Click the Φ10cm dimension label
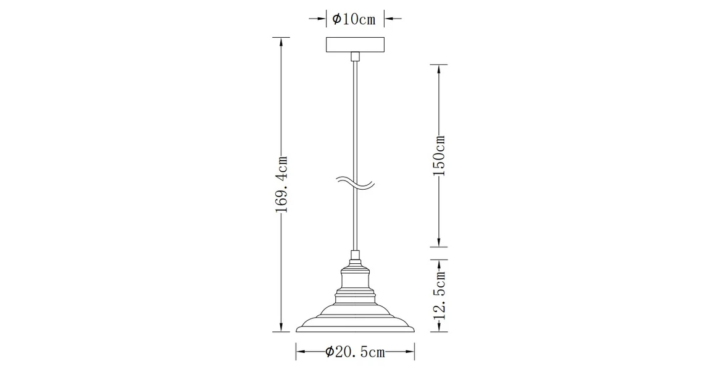pyautogui.click(x=354, y=19)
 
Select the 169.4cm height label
pyautogui.click(x=281, y=184)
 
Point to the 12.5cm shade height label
pyautogui.click(x=439, y=295)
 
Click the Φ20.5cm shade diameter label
pyautogui.click(x=355, y=352)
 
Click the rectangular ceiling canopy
pyautogui.click(x=355, y=45)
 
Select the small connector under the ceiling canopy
pyautogui.click(x=355, y=56)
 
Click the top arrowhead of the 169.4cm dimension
pyautogui.click(x=281, y=41)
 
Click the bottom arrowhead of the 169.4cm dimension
pyautogui.click(x=281, y=328)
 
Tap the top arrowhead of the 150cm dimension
pyautogui.click(x=439, y=68)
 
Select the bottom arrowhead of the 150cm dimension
pyautogui.click(x=439, y=242)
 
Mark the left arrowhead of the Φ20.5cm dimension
pyautogui.click(x=301, y=352)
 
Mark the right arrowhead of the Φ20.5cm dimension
pyautogui.click(x=410, y=352)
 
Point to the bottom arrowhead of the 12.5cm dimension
pyautogui.click(x=439, y=328)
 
